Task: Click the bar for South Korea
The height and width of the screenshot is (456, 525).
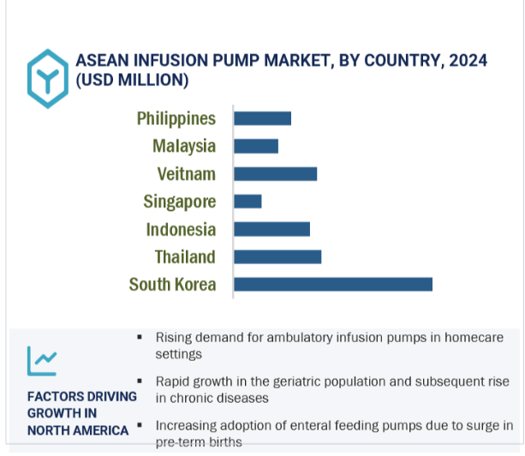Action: (333, 285)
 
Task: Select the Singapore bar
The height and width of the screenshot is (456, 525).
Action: (248, 201)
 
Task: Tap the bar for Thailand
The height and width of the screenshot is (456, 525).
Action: (277, 257)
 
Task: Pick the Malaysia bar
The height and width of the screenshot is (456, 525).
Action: (256, 147)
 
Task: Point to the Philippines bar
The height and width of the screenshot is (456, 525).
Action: (262, 118)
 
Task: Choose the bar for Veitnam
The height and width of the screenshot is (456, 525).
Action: (276, 174)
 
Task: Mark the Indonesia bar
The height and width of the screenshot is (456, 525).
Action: (271, 230)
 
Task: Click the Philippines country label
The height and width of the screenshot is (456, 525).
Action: (176, 119)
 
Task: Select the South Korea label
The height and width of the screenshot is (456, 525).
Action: (172, 285)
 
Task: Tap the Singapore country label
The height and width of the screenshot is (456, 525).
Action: (180, 202)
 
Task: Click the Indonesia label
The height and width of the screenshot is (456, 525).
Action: (181, 230)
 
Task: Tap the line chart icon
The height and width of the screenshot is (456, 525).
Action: (42, 361)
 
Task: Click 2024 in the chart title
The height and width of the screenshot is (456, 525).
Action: (468, 61)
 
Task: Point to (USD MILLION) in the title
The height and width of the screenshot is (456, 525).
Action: (132, 80)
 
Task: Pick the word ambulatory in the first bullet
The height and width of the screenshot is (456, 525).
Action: (300, 338)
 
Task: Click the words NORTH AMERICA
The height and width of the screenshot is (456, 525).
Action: (78, 430)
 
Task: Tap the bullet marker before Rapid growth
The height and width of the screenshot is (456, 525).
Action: (140, 381)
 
